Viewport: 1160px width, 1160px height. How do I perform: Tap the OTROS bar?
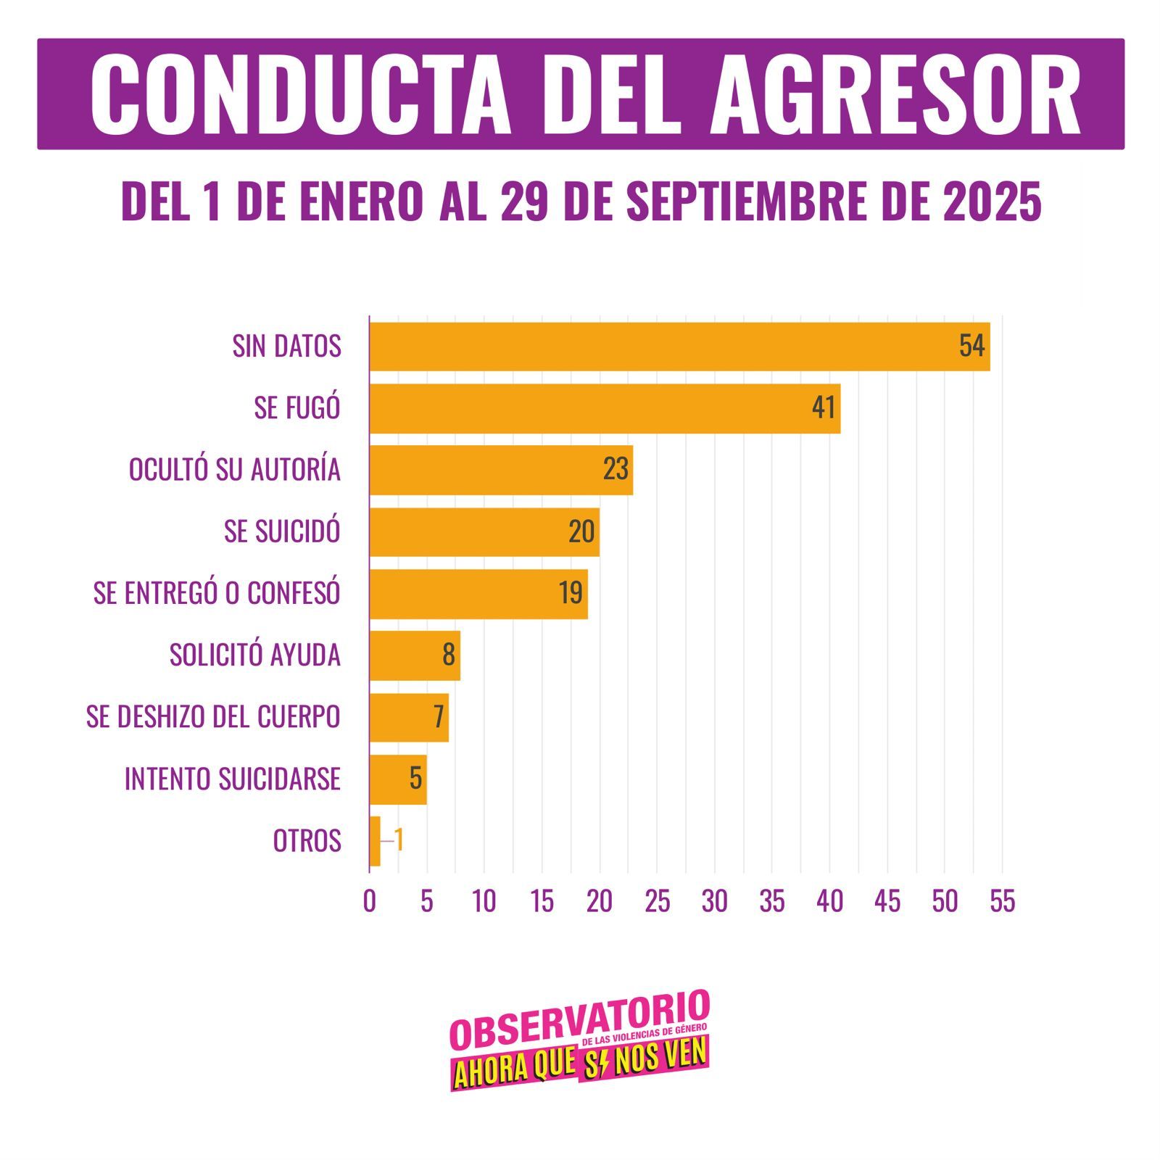375,841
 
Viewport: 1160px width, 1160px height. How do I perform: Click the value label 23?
616,470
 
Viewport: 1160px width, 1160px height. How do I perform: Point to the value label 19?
571,593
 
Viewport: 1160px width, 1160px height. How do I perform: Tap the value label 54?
971,347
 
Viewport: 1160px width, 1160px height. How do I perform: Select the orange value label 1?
398,841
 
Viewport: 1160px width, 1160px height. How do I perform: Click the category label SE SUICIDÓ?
282,531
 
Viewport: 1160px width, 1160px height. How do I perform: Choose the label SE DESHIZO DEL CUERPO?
213,717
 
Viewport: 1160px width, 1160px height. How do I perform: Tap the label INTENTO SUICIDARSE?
232,779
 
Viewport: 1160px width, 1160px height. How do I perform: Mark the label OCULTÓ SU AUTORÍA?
234,470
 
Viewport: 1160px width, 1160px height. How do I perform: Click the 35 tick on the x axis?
772,901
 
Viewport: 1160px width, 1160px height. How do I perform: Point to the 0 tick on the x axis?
369,901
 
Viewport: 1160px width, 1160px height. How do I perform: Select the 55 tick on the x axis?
1002,901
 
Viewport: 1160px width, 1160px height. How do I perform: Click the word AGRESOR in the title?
895,95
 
